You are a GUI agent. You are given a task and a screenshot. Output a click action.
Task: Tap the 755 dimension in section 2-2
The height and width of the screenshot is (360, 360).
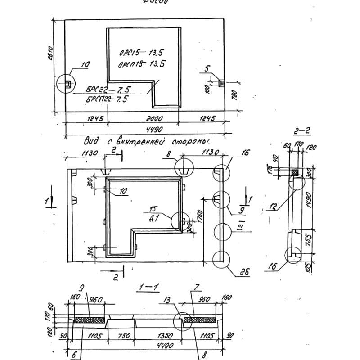pos(309,239)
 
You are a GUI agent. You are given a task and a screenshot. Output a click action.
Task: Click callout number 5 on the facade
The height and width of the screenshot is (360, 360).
pos(207,69)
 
